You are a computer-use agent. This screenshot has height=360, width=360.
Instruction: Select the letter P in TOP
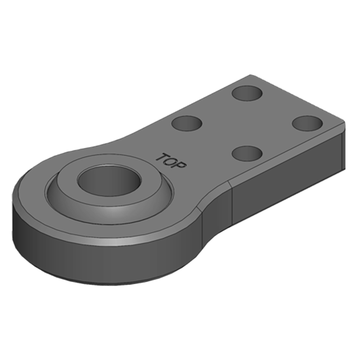[x=180, y=166]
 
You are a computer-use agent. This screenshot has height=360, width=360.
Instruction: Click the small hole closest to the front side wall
[x=247, y=153]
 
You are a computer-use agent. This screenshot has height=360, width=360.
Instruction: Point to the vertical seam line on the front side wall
[x=231, y=202]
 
